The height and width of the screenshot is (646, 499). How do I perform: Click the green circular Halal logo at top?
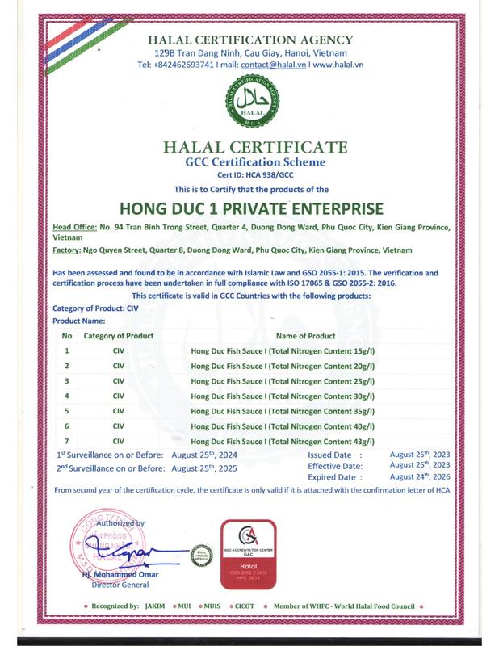[x=249, y=104]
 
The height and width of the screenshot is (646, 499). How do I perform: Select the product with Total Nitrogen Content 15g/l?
[x=283, y=351]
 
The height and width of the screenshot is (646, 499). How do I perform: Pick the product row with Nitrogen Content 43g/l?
[x=283, y=441]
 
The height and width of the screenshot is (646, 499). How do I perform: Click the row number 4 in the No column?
[x=66, y=396]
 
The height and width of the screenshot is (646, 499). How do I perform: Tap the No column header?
[x=67, y=335]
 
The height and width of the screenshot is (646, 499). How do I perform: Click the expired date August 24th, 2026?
[x=420, y=476]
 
